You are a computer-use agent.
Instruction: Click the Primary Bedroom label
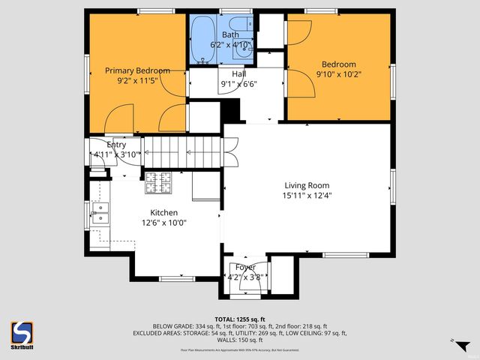pos(136,70)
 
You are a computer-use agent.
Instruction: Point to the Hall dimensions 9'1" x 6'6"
pos(238,85)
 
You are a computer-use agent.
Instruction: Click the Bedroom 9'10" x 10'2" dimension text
pos(338,75)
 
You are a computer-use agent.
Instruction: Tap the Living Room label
pos(306,185)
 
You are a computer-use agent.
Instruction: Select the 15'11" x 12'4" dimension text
pos(306,196)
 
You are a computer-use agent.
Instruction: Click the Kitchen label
pos(163,212)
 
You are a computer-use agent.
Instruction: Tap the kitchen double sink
pos(100,214)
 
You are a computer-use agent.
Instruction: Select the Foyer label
pos(245,267)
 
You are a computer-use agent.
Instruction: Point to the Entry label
pos(116,145)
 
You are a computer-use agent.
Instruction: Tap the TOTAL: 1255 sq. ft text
pos(240,319)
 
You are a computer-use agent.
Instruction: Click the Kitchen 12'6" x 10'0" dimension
pos(163,223)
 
